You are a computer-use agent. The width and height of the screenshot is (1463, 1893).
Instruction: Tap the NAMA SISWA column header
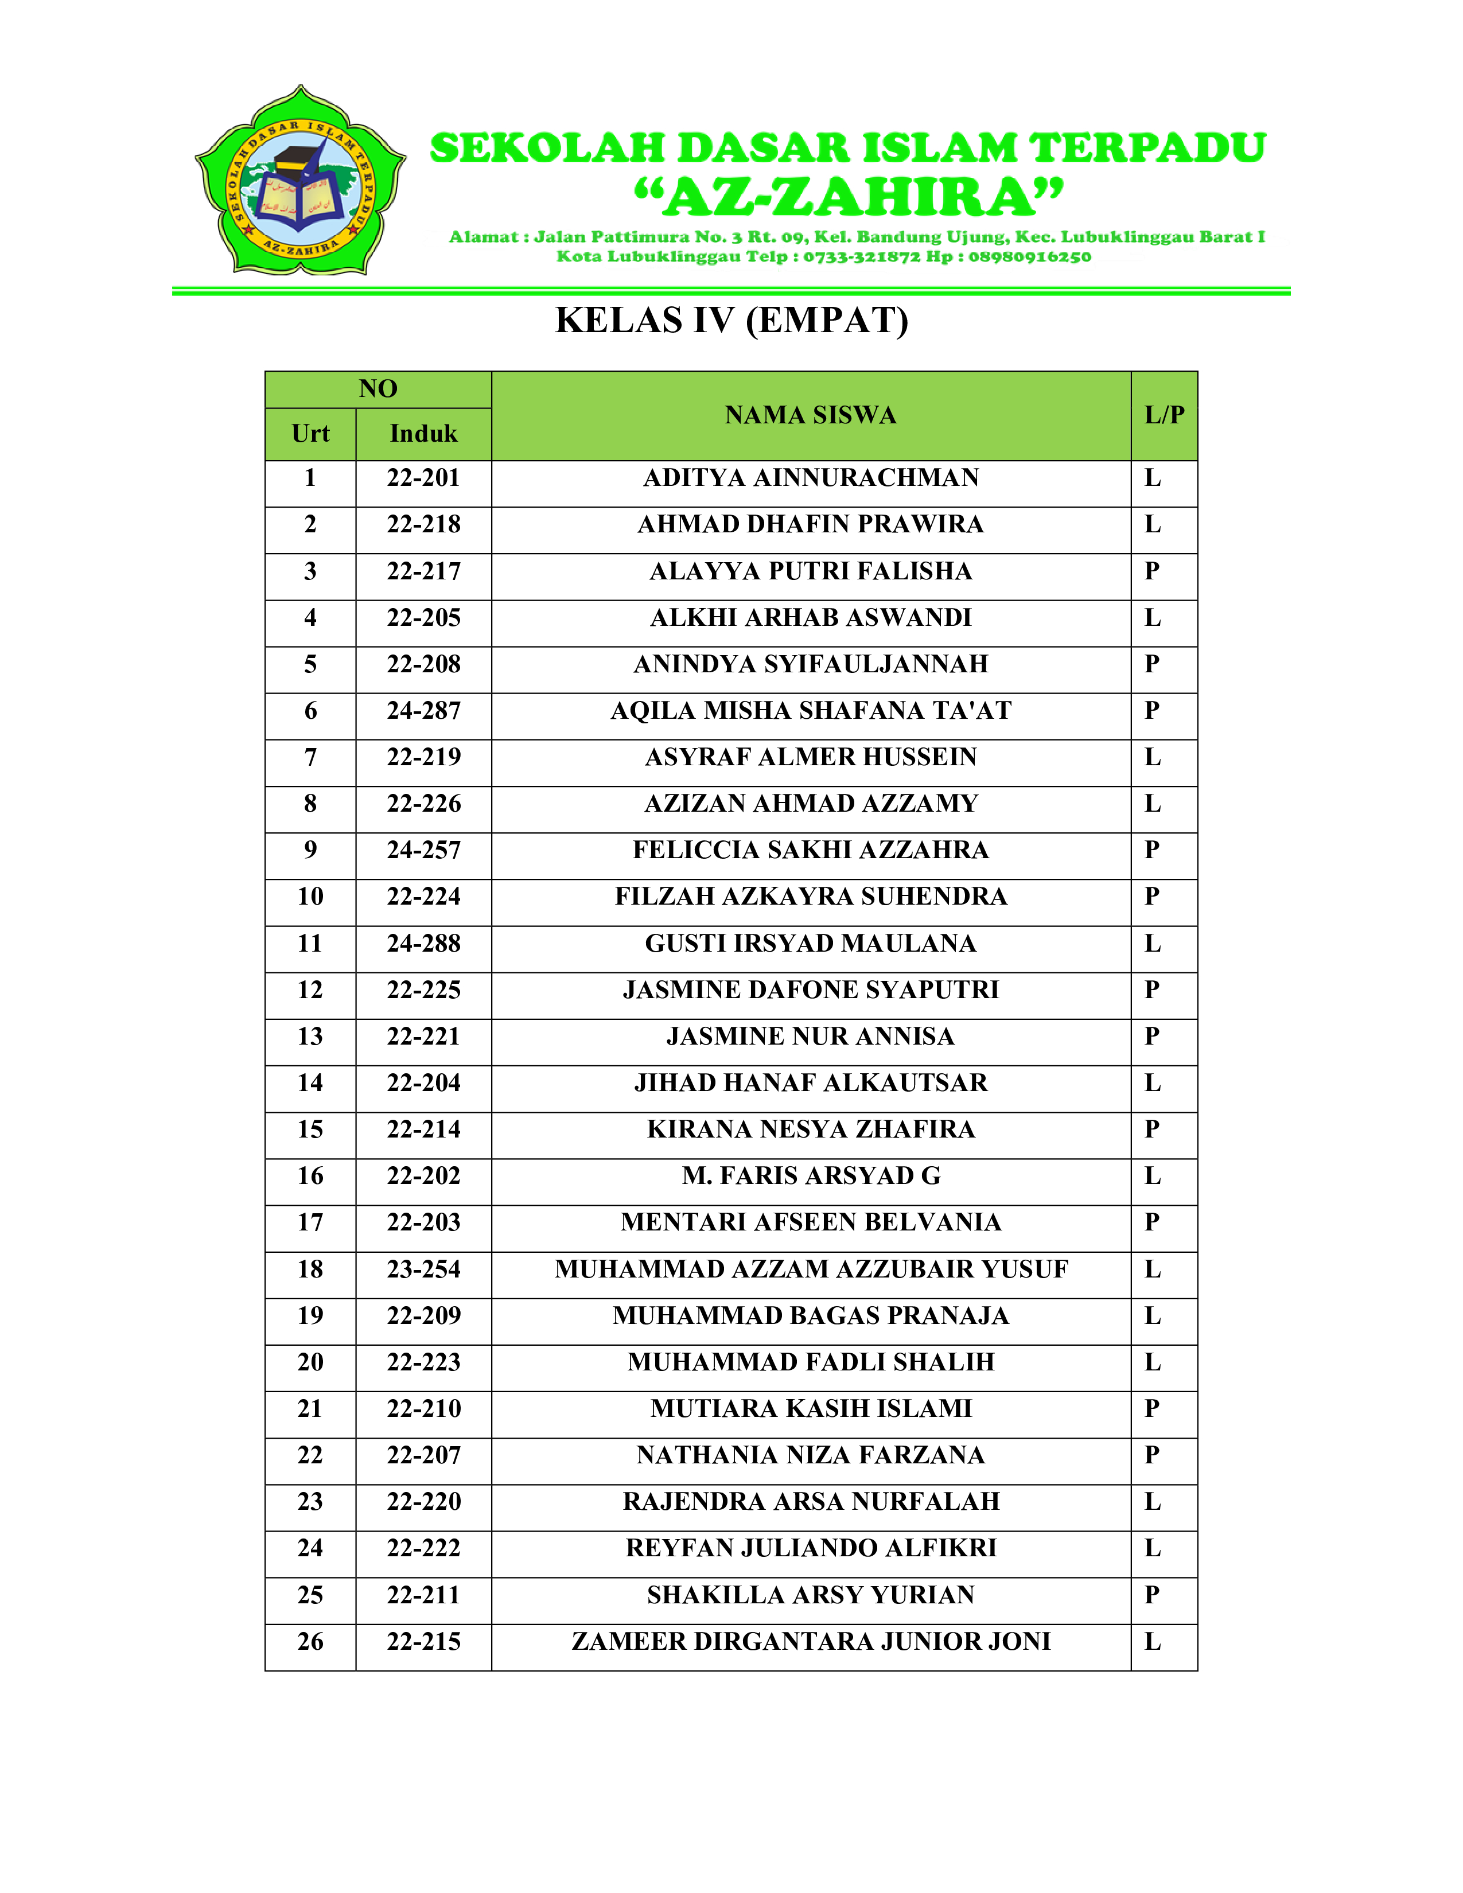coord(810,415)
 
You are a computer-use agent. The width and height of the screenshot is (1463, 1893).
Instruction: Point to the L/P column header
coord(1163,415)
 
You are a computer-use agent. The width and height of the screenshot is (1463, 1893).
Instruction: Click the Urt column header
coord(310,433)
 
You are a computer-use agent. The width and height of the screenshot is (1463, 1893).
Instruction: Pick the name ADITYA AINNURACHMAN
coord(810,478)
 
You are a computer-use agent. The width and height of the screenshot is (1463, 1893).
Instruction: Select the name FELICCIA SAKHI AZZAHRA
coord(810,850)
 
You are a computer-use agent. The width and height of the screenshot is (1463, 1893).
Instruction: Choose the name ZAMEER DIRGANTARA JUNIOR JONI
coord(810,1642)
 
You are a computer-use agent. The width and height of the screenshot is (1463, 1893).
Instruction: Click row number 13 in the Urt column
coord(310,1037)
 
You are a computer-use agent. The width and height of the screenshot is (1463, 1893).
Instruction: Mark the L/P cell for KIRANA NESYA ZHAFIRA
coord(1152,1129)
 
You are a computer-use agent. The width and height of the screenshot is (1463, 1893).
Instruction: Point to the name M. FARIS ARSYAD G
coord(810,1176)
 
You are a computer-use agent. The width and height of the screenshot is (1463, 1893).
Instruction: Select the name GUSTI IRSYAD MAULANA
coord(810,943)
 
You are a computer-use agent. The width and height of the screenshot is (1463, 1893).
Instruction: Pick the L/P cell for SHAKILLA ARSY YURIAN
coord(1152,1595)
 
